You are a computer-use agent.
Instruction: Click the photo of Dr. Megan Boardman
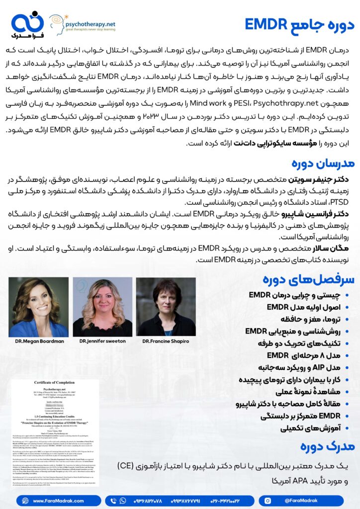click(x=38, y=307)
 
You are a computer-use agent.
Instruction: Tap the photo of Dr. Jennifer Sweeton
click(x=102, y=307)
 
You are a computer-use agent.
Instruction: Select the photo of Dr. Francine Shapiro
click(x=166, y=307)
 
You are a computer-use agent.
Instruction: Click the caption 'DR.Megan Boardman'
click(x=38, y=341)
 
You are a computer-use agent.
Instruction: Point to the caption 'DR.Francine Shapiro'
click(x=166, y=341)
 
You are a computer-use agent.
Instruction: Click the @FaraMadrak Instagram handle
click(x=298, y=501)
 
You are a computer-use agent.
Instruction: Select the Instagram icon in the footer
click(x=268, y=501)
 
